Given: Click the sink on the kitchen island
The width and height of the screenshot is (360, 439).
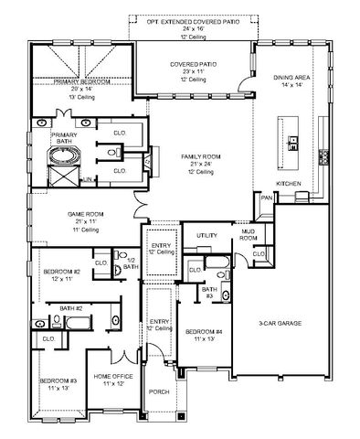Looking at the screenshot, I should point(294,142).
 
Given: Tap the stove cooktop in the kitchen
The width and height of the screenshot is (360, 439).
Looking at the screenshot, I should point(323,155).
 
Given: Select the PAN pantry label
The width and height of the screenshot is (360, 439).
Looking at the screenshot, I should point(267,198).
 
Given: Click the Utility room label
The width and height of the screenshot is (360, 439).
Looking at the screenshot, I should point(207,235).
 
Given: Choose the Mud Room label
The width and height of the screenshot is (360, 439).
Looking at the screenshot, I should point(247,234).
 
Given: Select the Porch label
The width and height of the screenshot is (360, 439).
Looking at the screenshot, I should point(159,391).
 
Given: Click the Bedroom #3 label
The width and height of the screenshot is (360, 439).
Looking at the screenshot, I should point(57,380).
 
